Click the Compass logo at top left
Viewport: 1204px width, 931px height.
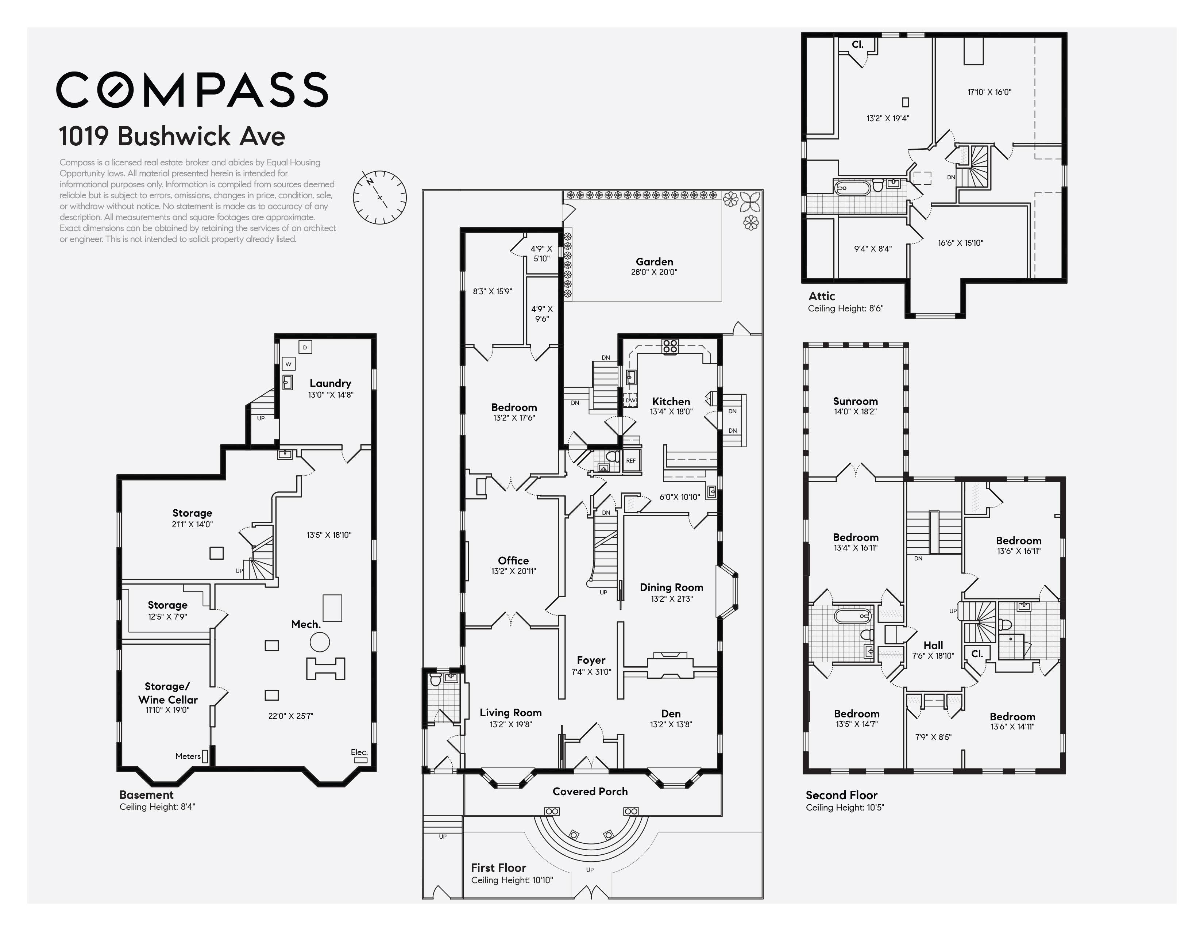point(192,89)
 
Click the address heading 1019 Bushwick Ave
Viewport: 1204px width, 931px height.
point(172,136)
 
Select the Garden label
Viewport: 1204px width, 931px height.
point(655,261)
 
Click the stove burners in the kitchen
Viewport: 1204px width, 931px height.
point(670,346)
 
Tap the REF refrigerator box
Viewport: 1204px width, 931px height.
point(631,460)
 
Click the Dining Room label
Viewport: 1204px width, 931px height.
point(671,587)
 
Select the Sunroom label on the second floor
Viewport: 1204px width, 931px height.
point(855,401)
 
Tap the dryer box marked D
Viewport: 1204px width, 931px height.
point(305,347)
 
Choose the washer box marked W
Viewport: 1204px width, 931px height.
point(288,364)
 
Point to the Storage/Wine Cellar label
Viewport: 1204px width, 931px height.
point(167,693)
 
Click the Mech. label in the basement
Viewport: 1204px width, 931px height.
point(306,624)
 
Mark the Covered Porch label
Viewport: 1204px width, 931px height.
point(590,792)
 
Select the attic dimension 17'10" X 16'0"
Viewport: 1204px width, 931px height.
point(989,92)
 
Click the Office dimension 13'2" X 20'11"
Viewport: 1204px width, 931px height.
point(513,571)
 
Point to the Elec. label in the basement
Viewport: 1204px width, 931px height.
point(359,752)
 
